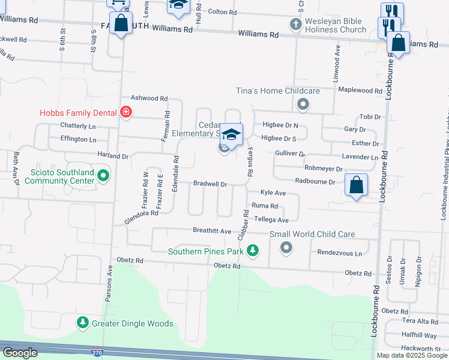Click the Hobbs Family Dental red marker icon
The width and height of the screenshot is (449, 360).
(x=125, y=112)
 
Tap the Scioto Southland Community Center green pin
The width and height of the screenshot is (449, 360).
(x=103, y=175)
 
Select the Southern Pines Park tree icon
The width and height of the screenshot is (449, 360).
(x=253, y=250)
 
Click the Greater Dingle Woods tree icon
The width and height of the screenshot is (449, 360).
(x=83, y=323)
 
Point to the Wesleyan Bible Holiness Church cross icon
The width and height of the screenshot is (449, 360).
(x=294, y=24)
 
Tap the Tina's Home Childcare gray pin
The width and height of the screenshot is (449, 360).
(x=303, y=105)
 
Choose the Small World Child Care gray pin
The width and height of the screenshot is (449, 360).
(x=286, y=247)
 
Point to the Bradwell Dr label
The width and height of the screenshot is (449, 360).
(x=209, y=184)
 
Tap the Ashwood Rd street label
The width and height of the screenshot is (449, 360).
(x=149, y=98)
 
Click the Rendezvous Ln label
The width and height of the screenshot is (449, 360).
(x=340, y=253)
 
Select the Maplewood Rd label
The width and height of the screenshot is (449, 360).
(x=360, y=91)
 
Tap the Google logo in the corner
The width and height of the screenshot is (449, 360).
(x=20, y=353)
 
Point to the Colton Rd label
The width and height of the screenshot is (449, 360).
(x=223, y=11)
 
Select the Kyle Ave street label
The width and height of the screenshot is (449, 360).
(x=272, y=193)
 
